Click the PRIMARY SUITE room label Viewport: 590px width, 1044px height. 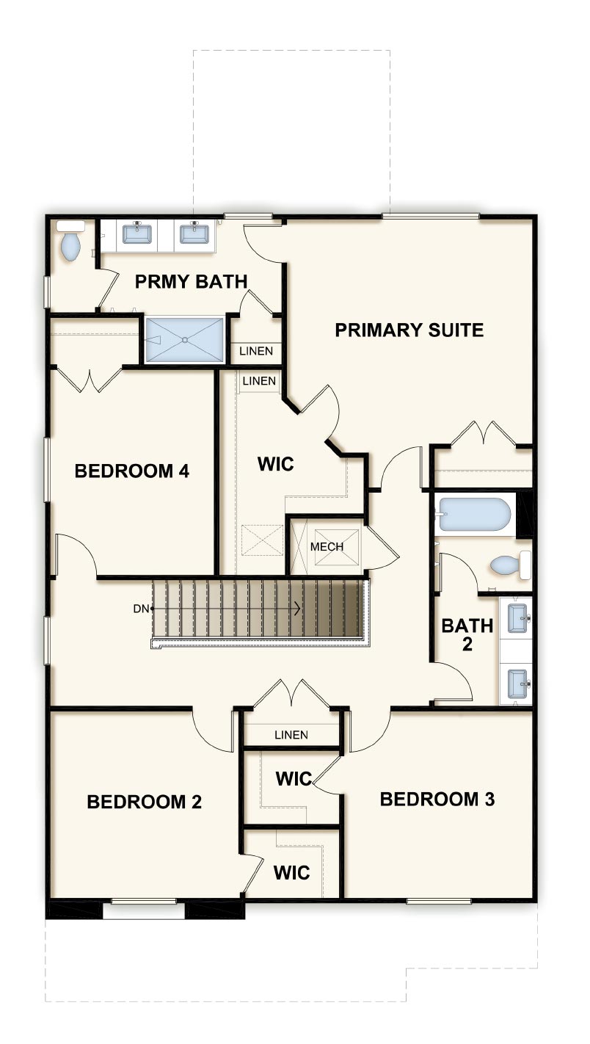409,330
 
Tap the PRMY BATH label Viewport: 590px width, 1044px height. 191,281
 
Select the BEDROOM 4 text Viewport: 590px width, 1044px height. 132,471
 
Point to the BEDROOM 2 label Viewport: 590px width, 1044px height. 144,802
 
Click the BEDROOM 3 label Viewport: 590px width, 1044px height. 437,799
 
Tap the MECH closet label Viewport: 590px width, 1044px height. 327,547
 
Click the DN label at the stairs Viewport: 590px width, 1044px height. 141,609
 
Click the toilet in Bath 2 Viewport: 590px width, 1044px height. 510,565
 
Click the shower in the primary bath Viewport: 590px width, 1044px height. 184,339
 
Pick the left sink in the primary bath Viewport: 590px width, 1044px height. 137,233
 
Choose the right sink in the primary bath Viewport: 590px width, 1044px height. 194,233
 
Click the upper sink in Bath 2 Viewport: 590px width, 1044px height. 517,618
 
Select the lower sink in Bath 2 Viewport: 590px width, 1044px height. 517,684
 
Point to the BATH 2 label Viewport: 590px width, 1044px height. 467,635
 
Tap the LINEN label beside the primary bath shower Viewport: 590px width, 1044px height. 256,351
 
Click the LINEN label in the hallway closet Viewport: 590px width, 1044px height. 291,735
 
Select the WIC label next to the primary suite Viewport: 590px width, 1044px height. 276,464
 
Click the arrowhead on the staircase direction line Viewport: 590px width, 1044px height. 297,608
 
